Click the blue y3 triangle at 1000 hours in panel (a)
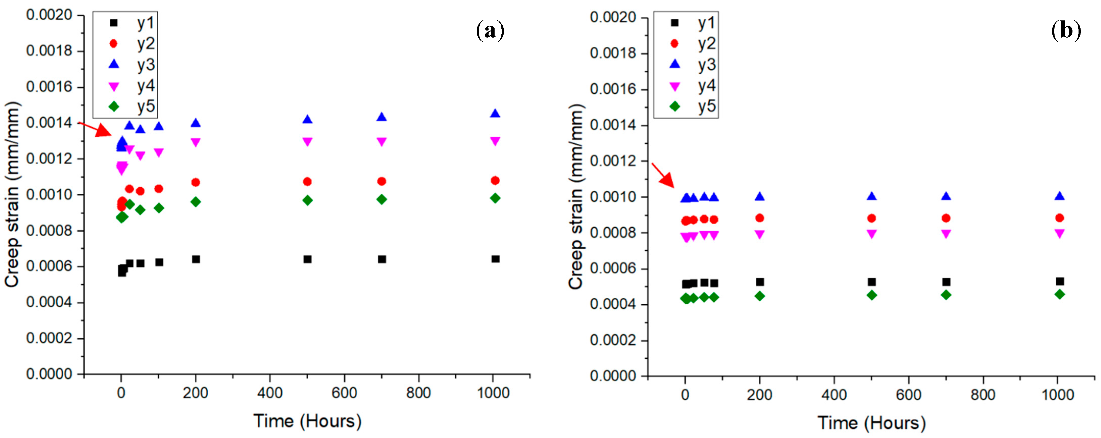495,113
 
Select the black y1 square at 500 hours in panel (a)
307,259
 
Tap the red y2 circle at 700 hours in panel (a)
382,182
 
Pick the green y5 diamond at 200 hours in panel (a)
195,202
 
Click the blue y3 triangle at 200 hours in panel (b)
759,197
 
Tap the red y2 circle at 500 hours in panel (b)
872,218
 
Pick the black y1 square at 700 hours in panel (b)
946,282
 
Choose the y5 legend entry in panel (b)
694,106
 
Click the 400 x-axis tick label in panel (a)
270,393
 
